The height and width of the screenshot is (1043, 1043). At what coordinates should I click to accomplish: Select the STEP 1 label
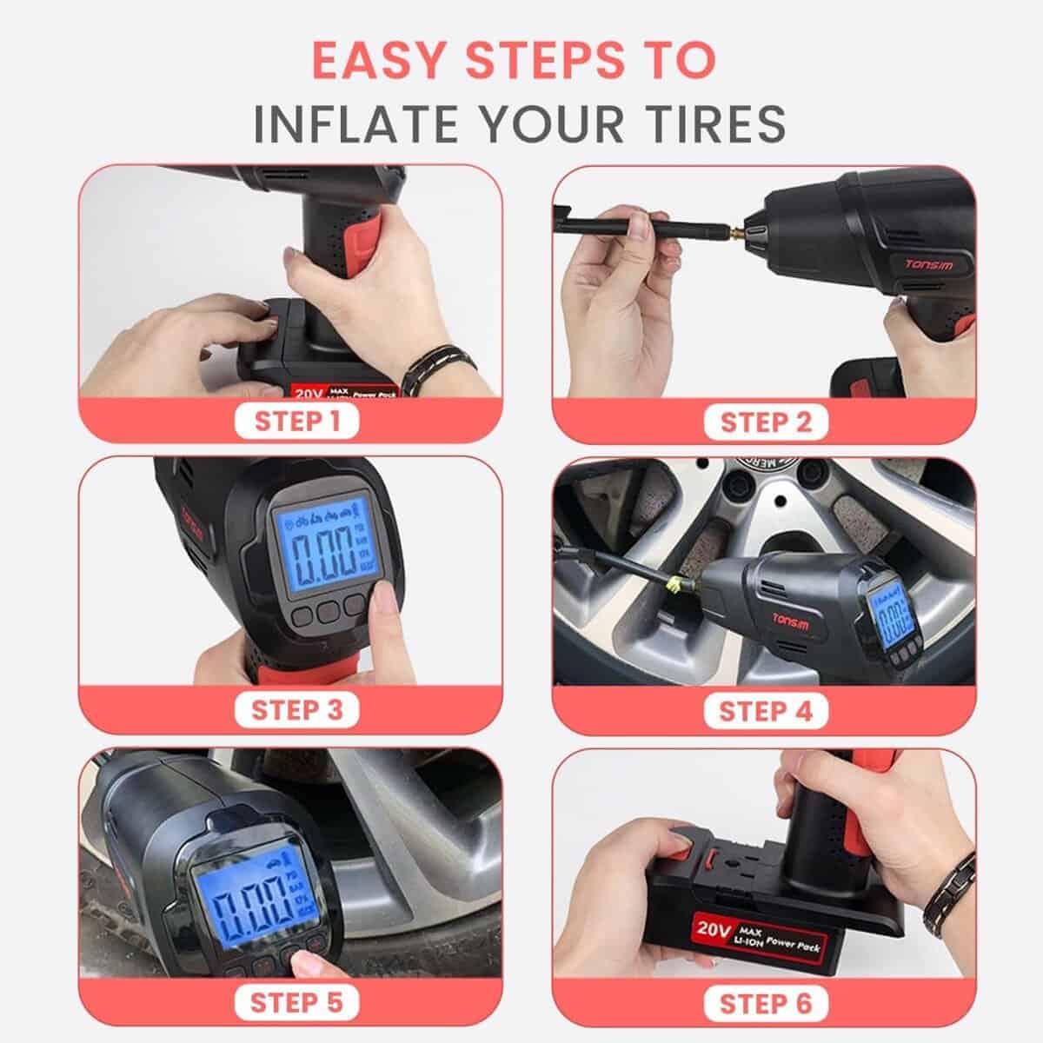point(296,422)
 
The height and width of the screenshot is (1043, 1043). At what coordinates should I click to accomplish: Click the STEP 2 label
point(765,422)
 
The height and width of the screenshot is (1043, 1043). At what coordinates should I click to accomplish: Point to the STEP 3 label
point(296,710)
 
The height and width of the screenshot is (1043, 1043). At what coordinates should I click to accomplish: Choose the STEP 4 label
point(765,711)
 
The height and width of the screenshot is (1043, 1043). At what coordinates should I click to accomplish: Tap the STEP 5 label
point(296,1001)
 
